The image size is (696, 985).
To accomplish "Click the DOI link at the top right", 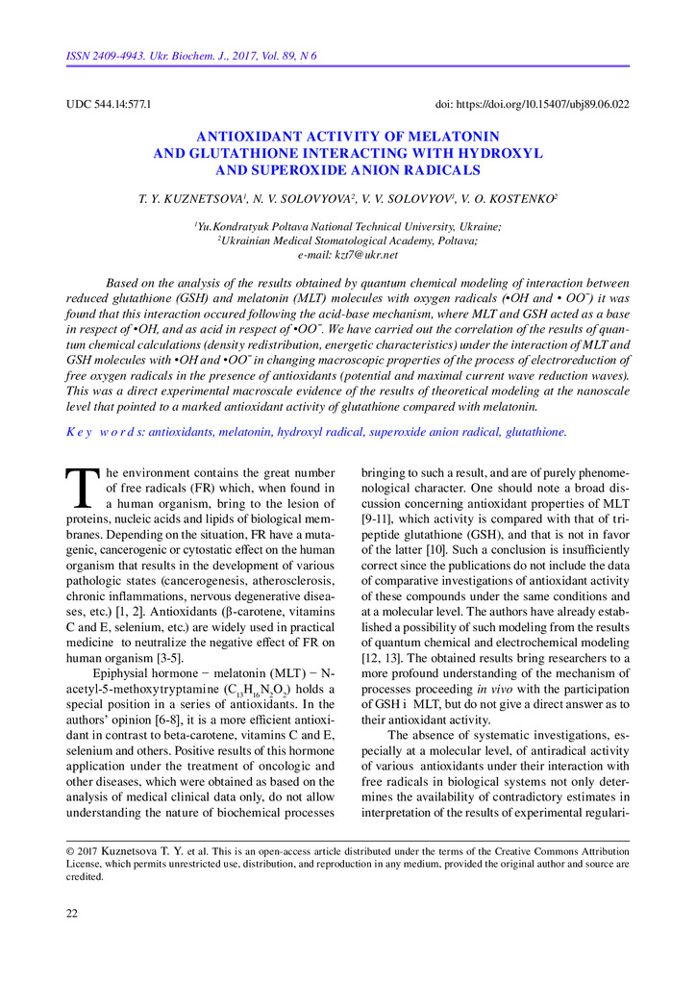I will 532,104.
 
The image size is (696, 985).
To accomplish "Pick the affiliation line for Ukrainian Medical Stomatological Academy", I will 348,240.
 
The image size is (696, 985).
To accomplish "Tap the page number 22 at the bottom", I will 72,913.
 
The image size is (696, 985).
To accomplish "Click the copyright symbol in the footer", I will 70,851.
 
